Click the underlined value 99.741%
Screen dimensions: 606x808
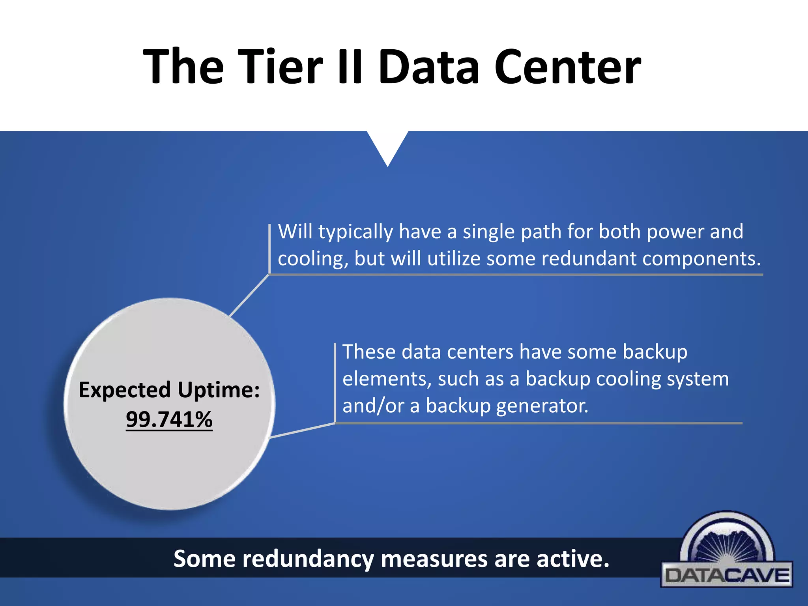click(169, 419)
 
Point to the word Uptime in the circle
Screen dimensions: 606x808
click(219, 390)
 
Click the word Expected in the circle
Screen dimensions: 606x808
click(125, 390)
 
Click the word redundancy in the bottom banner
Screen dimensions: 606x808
click(308, 559)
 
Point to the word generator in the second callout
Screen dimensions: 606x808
click(542, 406)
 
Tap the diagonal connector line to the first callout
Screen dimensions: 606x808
click(249, 295)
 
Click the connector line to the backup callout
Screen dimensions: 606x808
click(302, 430)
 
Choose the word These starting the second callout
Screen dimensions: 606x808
click(368, 352)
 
